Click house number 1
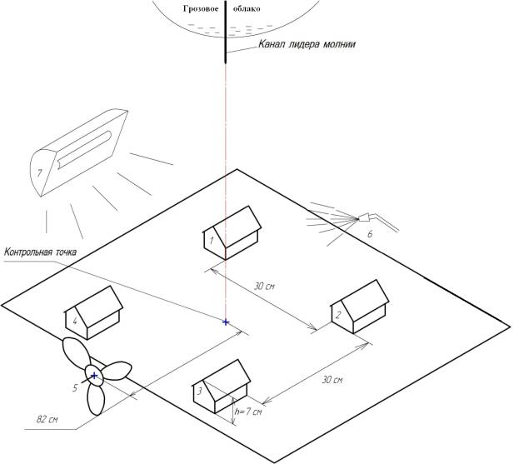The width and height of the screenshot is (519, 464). pos(232,233)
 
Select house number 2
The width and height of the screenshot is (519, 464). pos(360,307)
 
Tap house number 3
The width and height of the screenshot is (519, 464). pos(222,387)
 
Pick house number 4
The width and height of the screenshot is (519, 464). pos(93,312)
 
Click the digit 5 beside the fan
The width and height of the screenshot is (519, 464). pos(75,387)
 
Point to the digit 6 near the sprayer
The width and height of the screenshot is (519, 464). pos(370,234)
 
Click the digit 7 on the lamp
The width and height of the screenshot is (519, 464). pos(40,173)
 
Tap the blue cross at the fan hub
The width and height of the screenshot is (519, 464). pos(94,376)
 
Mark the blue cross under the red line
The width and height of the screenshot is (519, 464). pos(226,322)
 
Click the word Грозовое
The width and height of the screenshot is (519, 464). pos(201,9)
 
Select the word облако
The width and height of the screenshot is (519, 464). pos(247,9)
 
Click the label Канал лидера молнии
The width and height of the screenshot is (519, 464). pos(307,44)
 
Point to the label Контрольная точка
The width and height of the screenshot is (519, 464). pos(40,252)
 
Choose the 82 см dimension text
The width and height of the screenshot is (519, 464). pos(47,419)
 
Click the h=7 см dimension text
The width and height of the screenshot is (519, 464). pos(248,412)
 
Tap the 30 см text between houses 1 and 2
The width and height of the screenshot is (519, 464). pos(264,286)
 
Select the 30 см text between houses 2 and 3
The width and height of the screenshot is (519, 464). pos(332,380)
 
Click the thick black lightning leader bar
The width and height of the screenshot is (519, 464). pos(226,32)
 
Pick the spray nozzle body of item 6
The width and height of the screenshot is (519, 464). pos(364,217)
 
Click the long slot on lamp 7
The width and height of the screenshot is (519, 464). pos(84,150)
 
